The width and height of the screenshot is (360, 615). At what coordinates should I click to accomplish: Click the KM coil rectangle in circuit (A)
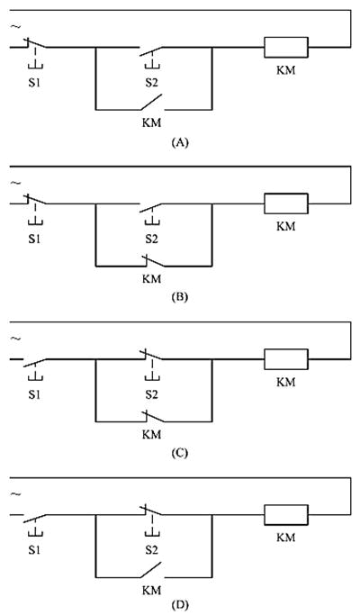[286, 47]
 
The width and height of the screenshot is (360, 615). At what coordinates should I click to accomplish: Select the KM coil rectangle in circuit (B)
[286, 203]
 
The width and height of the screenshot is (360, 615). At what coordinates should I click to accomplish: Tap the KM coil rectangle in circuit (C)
[286, 359]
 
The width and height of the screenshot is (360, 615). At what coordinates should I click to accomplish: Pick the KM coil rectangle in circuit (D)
[286, 514]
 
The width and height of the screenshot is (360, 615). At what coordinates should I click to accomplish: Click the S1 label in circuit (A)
[34, 84]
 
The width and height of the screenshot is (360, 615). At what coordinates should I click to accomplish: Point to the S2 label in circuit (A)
[151, 84]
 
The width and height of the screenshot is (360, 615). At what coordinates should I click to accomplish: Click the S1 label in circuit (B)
[34, 240]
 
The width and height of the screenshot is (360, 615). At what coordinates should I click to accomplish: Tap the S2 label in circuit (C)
[151, 395]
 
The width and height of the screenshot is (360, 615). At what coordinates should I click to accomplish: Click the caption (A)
[180, 143]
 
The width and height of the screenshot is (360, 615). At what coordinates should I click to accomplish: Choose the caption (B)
[180, 297]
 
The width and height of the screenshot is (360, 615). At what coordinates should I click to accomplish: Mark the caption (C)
[180, 454]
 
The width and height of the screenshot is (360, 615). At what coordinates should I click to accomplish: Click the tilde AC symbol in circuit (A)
[16, 27]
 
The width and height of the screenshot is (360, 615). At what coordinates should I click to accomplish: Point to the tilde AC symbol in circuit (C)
[16, 339]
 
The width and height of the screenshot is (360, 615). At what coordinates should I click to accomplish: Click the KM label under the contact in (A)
[151, 122]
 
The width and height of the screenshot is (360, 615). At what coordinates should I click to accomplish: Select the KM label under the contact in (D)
[151, 591]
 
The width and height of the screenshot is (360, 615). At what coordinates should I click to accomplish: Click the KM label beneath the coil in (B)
[286, 227]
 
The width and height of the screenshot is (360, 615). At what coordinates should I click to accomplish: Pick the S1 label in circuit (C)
[34, 395]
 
